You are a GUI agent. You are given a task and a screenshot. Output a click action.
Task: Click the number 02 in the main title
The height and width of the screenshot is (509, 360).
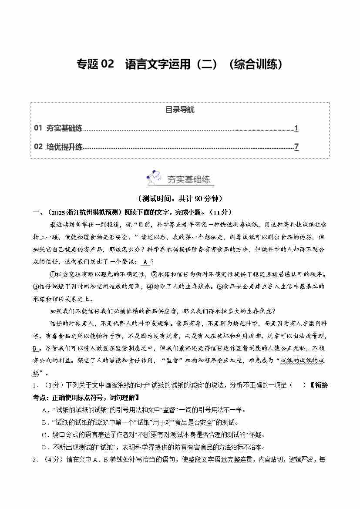click(107, 64)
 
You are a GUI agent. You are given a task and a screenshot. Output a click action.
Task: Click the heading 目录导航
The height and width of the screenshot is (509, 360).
click(180, 110)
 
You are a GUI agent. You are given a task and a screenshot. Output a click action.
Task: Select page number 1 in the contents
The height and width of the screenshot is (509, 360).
click(296, 128)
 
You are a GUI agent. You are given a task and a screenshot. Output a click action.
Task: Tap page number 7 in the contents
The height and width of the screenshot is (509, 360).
click(296, 147)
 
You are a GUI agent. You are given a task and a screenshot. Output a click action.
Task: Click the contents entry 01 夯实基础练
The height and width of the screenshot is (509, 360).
click(58, 128)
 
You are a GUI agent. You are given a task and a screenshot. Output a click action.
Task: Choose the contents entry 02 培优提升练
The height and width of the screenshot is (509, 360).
click(58, 147)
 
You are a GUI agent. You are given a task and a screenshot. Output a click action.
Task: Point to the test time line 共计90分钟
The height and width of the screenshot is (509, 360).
click(180, 199)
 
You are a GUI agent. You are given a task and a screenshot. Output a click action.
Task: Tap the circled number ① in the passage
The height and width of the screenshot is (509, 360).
click(54, 274)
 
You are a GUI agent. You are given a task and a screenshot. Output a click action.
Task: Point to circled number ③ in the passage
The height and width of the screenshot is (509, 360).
click(36, 287)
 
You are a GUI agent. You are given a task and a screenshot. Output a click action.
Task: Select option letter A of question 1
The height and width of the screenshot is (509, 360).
click(44, 410)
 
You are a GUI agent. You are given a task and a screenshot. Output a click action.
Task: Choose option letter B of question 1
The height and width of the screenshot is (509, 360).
click(44, 422)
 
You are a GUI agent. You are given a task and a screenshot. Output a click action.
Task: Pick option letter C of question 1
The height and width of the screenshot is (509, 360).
click(44, 435)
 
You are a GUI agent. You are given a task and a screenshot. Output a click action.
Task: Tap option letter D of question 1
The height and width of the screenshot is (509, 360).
click(44, 447)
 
